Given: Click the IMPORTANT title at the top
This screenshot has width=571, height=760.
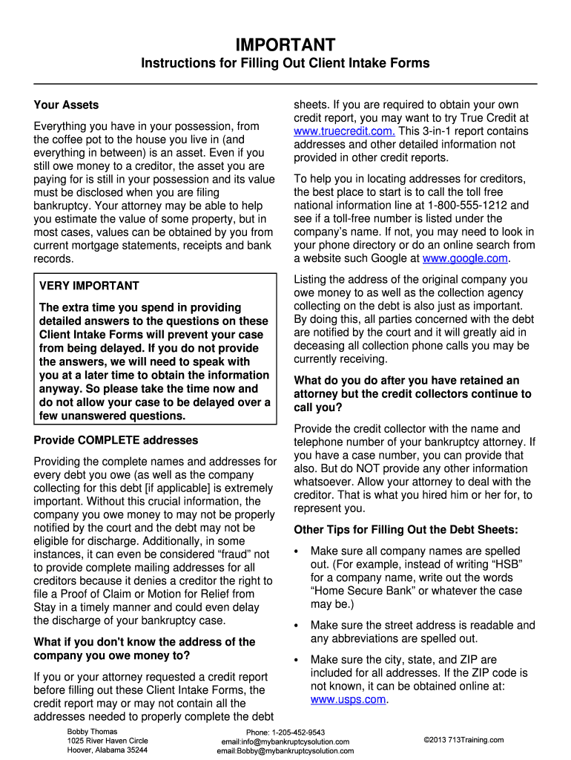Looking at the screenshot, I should (285, 45).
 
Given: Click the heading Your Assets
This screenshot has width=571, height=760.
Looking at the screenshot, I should (66, 105).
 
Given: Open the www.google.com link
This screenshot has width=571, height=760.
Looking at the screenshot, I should (465, 258).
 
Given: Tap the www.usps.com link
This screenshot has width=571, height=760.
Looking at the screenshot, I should (348, 699).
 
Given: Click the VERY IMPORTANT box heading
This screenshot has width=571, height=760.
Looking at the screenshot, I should (89, 286).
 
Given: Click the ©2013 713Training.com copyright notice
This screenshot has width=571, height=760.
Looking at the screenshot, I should (463, 740).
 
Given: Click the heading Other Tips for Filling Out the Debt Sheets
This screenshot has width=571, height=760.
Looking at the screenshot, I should (406, 530).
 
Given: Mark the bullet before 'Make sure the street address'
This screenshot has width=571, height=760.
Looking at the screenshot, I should (297, 626).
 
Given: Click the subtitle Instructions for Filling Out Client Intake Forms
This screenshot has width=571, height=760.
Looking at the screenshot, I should (285, 64).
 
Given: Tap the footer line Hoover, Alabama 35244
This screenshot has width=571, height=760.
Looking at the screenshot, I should (107, 750).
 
